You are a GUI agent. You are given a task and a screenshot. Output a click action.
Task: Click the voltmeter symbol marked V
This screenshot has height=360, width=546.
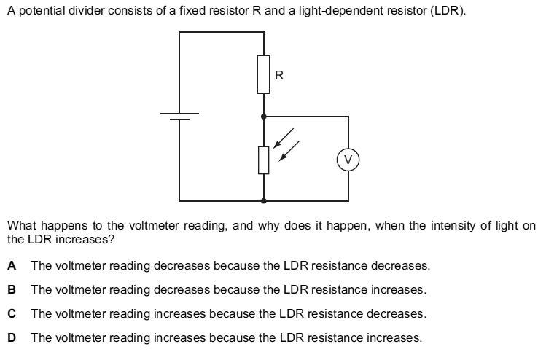point(348,158)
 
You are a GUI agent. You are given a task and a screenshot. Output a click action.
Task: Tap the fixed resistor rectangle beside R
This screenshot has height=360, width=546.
point(264,74)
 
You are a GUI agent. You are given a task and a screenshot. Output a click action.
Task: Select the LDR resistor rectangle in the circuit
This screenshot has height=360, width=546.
point(264,159)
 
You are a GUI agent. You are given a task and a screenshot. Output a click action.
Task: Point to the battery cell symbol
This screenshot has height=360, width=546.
point(179,116)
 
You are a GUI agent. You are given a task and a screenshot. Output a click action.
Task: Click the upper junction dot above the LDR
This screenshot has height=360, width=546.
point(264,116)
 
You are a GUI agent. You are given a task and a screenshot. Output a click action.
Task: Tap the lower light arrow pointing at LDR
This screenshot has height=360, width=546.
point(290,151)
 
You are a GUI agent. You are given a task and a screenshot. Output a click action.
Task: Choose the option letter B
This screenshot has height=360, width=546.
point(12,289)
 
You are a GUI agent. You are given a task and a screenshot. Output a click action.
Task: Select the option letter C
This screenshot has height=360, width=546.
point(12,313)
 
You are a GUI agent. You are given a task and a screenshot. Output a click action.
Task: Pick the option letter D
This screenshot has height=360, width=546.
point(12,337)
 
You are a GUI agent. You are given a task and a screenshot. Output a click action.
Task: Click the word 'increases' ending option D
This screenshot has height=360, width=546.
point(394,337)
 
